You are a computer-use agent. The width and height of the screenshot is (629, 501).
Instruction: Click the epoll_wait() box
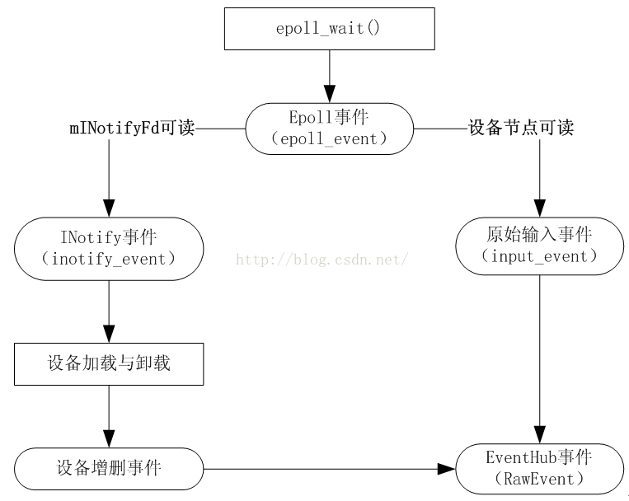click(x=329, y=28)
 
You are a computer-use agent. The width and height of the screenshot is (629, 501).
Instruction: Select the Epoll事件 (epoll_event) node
click(x=329, y=128)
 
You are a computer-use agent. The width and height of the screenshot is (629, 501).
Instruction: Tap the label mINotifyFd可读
click(x=132, y=129)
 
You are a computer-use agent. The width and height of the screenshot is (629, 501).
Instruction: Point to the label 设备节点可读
click(x=520, y=129)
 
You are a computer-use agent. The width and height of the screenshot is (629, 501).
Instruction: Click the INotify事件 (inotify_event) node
click(x=109, y=248)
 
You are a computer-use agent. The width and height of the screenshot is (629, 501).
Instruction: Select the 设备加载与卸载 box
click(x=109, y=363)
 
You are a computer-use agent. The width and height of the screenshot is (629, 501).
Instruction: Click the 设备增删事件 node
click(x=109, y=469)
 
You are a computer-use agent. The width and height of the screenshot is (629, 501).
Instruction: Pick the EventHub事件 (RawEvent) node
click(x=539, y=468)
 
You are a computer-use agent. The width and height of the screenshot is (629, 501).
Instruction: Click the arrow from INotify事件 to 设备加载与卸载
click(x=109, y=311)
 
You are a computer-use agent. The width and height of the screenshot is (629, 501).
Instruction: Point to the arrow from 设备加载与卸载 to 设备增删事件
click(x=109, y=416)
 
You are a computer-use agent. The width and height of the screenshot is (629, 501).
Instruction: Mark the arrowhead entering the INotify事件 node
click(x=109, y=208)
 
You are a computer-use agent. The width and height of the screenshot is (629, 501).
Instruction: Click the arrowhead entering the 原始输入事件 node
click(x=539, y=209)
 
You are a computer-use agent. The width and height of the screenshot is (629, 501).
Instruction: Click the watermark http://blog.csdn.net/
click(x=322, y=260)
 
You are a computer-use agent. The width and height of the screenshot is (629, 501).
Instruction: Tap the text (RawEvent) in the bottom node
click(x=539, y=479)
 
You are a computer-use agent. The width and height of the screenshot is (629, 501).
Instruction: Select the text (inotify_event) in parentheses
click(x=109, y=259)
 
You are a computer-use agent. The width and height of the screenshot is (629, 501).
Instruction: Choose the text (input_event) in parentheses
click(x=539, y=255)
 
